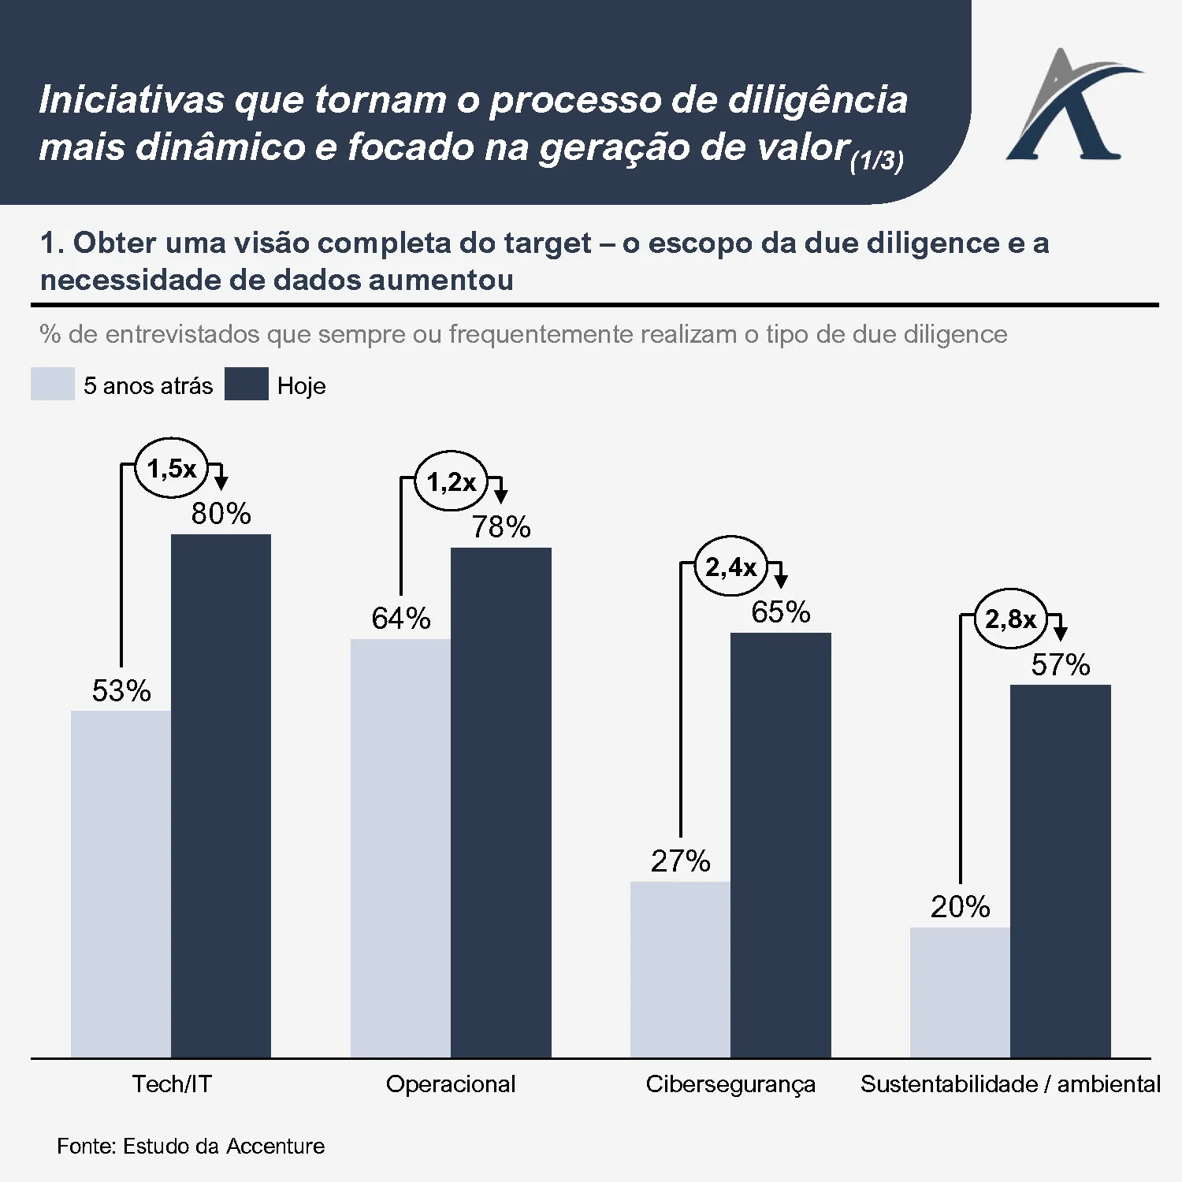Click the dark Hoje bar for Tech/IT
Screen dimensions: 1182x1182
[x=221, y=796]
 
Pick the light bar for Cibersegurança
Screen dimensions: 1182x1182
[x=680, y=969]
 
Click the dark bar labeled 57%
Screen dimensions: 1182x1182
[x=1060, y=871]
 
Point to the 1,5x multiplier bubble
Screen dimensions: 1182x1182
[x=171, y=469]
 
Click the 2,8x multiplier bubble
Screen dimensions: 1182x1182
[x=1010, y=619]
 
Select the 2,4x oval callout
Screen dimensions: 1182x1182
[x=730, y=567]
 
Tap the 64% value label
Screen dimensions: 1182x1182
[x=401, y=619]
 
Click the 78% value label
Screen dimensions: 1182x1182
[x=501, y=527]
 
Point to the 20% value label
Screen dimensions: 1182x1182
[x=960, y=907]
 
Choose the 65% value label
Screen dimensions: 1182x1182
[x=780, y=612]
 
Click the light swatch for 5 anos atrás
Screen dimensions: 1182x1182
[x=53, y=385]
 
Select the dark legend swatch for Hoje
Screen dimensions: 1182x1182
[x=247, y=385]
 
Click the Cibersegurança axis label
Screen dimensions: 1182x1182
[x=730, y=1084]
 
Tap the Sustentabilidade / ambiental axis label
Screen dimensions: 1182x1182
[x=1010, y=1084]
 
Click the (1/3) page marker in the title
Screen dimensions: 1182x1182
[x=876, y=161]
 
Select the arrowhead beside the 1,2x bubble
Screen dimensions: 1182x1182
[x=500, y=496]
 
